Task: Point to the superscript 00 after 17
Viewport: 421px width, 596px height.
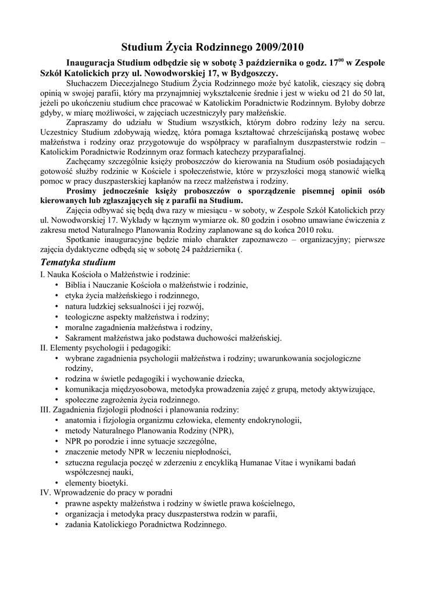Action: tap(341, 59)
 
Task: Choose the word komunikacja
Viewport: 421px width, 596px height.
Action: tap(88, 389)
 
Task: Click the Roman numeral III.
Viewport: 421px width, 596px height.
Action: tap(45, 410)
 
